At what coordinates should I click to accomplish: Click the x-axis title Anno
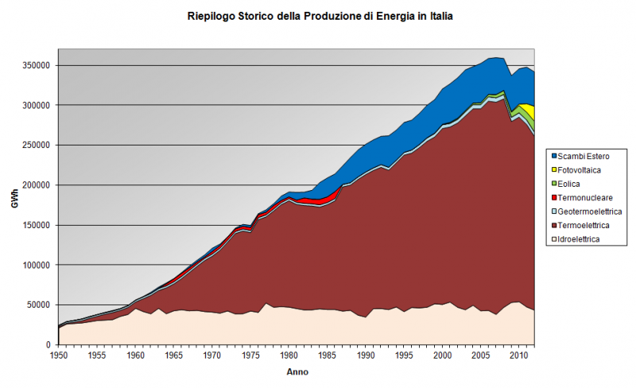[297, 372]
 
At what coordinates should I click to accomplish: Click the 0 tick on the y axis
[49, 344]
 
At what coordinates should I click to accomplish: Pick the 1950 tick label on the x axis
[60, 355]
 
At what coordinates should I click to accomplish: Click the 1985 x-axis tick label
[328, 355]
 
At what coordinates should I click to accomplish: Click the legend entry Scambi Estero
[584, 155]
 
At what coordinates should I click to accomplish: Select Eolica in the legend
[571, 183]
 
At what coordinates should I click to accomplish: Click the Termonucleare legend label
[584, 197]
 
